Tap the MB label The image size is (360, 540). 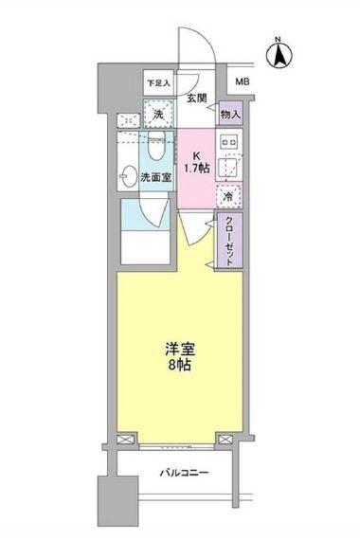pos(243,83)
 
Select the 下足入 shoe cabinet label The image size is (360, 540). pos(158,83)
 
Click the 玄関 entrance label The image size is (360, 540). pos(196,97)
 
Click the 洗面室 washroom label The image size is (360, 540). pos(155,176)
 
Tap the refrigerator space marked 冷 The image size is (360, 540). pos(229,196)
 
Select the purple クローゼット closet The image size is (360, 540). pos(230,242)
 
